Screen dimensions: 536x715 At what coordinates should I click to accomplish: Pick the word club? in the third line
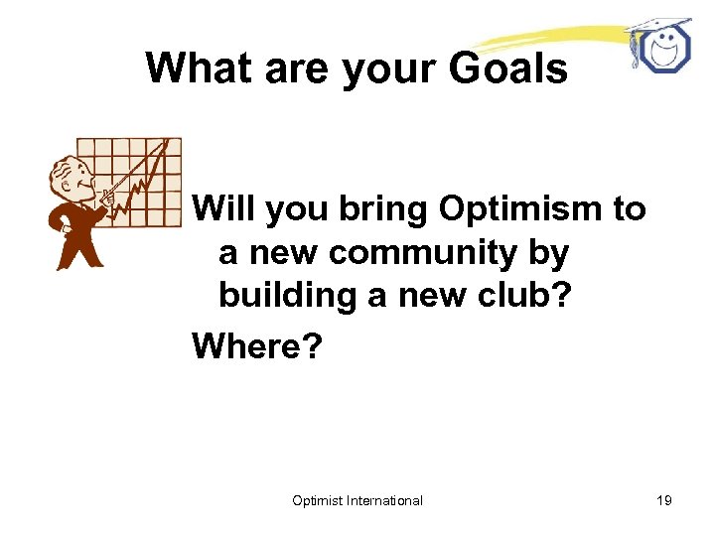(527, 297)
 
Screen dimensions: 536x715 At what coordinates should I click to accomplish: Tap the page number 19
(663, 500)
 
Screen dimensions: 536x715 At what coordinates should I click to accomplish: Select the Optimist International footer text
(357, 500)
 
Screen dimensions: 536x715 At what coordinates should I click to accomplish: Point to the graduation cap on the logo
(655, 24)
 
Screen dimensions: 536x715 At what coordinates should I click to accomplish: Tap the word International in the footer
(385, 500)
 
